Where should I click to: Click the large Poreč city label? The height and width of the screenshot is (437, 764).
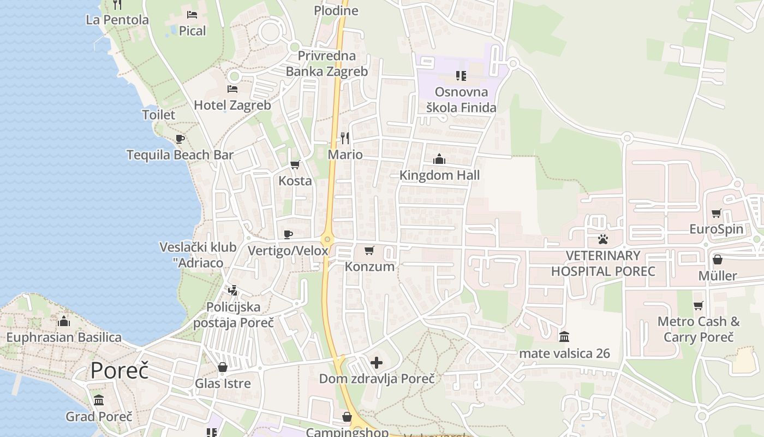coord(120,371)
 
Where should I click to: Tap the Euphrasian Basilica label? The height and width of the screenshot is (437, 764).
coord(64,337)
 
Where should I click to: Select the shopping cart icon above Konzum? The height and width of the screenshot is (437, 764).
coord(369,251)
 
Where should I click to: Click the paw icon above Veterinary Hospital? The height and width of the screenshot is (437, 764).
coord(603,239)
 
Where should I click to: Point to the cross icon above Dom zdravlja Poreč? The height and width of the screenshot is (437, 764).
coord(377,362)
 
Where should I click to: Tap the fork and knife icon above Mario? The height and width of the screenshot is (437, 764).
coord(345,138)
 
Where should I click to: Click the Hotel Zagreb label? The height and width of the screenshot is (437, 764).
coord(232,105)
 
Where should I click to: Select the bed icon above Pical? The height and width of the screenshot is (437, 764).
coord(192,14)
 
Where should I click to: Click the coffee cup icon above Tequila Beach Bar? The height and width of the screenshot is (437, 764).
coord(180,139)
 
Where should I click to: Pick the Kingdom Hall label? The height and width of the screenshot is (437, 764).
coord(440,175)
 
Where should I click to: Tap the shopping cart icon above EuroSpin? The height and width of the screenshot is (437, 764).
coord(717,213)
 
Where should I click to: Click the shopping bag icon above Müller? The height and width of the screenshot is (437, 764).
coord(718,259)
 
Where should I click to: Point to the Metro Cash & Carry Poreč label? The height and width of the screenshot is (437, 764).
coord(699,329)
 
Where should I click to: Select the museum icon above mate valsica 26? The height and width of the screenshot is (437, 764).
coord(564,336)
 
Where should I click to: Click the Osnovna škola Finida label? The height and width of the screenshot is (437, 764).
coord(461,99)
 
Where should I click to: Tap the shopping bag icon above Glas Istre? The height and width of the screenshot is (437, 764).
coord(223,367)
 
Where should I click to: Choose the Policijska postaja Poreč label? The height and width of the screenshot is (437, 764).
coord(234,315)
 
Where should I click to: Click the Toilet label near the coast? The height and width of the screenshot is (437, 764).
coord(159,115)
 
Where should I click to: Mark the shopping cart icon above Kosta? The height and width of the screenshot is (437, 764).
coord(295,165)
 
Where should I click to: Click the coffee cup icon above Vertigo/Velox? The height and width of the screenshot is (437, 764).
coord(288,235)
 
